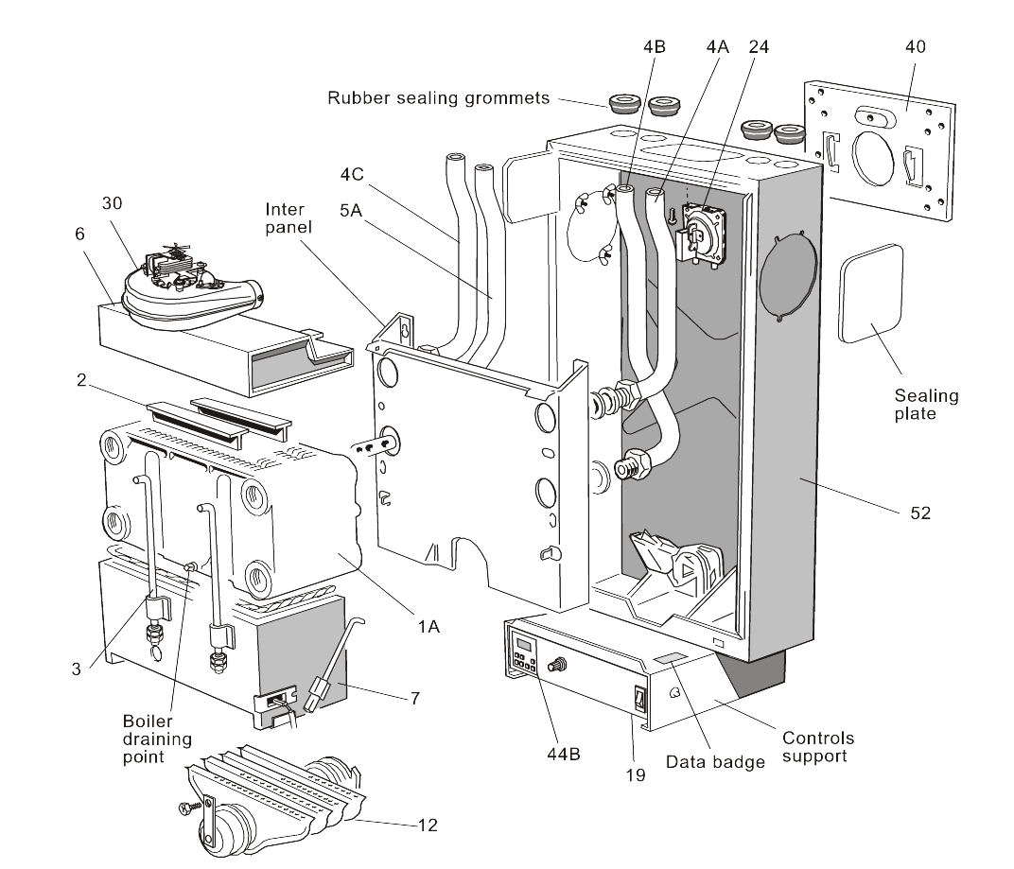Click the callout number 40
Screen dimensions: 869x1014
coord(915,46)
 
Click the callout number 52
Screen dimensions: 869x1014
coord(920,513)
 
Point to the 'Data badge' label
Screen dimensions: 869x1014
coord(714,761)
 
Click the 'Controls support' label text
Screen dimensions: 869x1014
coord(818,747)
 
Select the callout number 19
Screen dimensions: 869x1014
coord(636,774)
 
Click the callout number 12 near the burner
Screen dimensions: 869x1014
coord(428,825)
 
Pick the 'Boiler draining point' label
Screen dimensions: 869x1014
coord(155,739)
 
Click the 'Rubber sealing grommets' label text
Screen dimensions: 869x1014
coord(438,97)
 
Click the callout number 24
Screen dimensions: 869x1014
coord(759,46)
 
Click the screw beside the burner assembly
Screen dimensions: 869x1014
coord(186,808)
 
